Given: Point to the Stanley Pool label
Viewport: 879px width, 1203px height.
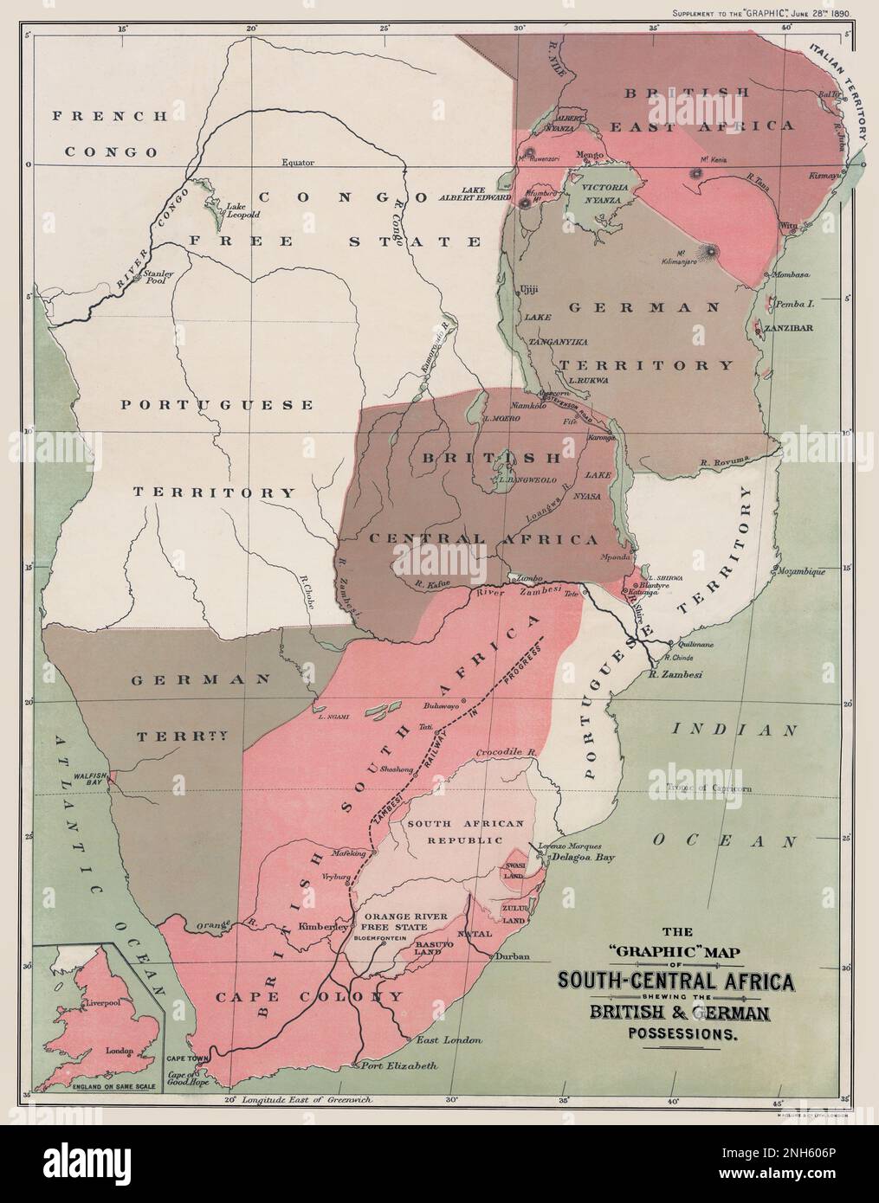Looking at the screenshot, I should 160,278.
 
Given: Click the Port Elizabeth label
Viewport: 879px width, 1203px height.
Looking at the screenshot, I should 398,1065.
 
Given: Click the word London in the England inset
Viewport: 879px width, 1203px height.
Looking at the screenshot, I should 119,1052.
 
